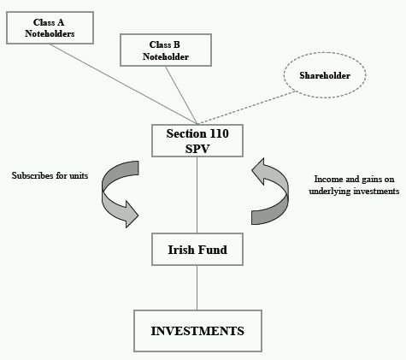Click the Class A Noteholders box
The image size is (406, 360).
click(50, 27)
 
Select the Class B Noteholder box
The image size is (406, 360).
click(166, 50)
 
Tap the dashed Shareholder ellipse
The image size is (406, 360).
click(325, 75)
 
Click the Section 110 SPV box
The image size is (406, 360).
click(197, 140)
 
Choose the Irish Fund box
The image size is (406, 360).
click(197, 249)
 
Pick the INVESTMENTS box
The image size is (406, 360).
click(197, 331)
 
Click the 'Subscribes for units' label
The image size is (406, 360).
click(50, 175)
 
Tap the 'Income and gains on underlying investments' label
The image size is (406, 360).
click(354, 185)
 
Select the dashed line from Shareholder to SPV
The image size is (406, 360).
click(247, 108)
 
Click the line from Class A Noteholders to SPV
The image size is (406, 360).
click(123, 84)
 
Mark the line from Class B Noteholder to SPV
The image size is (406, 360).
click(181, 95)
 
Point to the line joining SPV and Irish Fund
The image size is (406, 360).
click(197, 195)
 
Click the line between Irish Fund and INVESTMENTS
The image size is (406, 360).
click(197, 287)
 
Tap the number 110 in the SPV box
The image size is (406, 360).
click(219, 133)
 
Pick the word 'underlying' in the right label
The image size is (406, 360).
click(330, 191)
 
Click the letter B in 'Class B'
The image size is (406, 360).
click(176, 44)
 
